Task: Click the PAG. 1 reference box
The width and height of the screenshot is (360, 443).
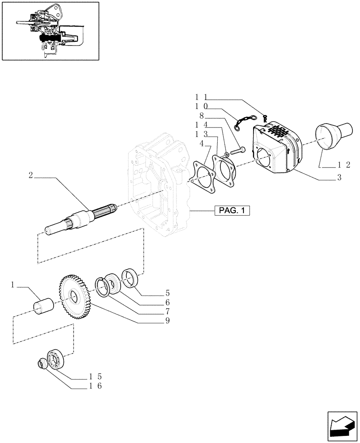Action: click(x=232, y=211)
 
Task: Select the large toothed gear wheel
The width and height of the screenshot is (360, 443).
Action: click(x=74, y=294)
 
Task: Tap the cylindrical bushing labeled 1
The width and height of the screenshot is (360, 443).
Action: click(x=43, y=306)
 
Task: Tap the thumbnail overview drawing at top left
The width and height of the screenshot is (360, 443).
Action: click(x=50, y=31)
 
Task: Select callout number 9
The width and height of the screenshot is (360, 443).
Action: click(x=167, y=321)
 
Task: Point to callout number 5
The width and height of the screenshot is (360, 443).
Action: click(x=167, y=293)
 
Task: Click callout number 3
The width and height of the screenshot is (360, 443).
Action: click(x=339, y=178)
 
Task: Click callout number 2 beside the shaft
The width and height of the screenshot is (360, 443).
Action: click(x=31, y=175)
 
